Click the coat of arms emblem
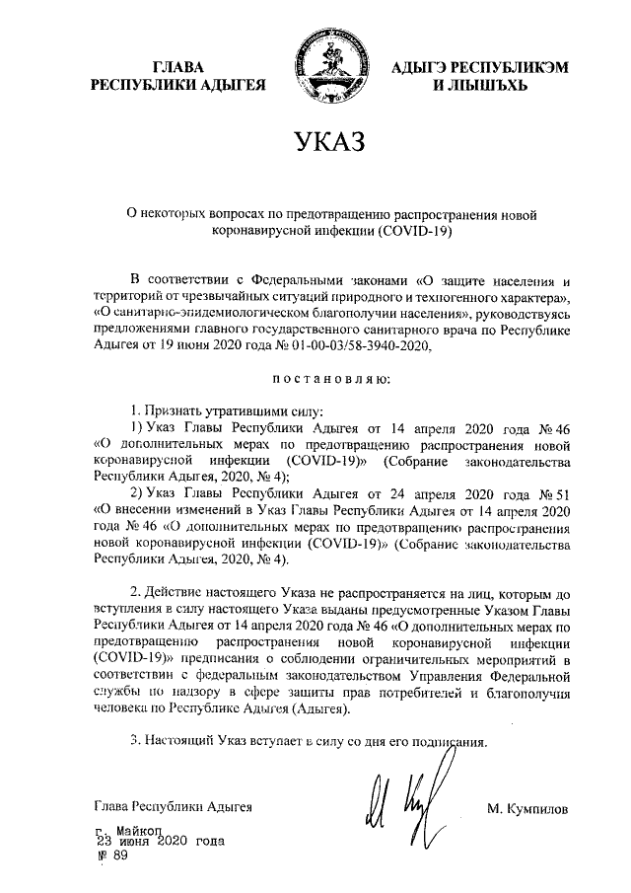pos(326,70)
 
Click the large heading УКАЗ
pos(323,143)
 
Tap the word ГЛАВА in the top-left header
pos(178,67)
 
